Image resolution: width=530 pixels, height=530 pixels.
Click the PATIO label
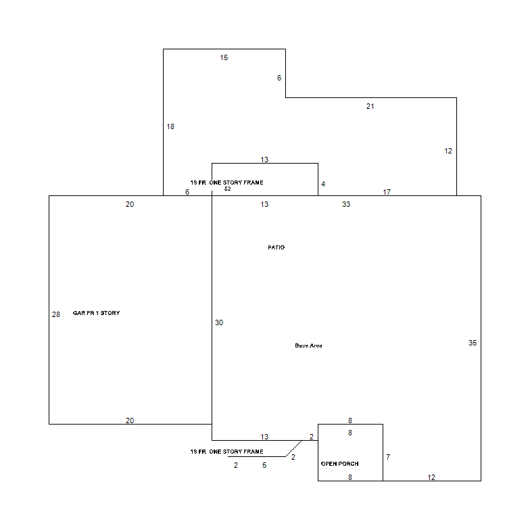pos(276,247)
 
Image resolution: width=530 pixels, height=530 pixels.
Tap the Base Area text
pos(308,345)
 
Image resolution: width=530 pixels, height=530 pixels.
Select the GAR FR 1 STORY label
pos(96,313)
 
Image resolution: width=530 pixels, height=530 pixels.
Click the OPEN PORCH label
pos(339,464)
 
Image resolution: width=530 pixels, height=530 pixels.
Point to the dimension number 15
pos(224,58)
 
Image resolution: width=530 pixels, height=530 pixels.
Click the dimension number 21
pos(370,107)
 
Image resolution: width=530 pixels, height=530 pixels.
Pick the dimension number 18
pos(170,127)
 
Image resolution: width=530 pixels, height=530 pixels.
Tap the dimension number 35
pos(473,343)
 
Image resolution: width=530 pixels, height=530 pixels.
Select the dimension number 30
pos(219,323)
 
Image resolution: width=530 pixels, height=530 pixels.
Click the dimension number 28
pos(56,315)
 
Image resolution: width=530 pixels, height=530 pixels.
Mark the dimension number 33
pos(346,204)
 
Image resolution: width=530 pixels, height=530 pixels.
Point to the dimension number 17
pos(387,192)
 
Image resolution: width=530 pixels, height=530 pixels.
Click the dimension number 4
pos(323,184)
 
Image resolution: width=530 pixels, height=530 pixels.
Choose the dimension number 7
pos(388,457)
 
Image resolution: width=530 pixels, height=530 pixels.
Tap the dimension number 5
pos(264,465)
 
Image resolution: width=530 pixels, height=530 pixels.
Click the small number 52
pos(227,189)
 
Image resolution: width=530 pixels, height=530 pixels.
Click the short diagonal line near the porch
pos(293,449)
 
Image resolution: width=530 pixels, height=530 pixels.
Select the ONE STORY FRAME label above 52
pos(237,183)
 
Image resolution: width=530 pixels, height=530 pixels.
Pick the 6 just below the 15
pos(279,78)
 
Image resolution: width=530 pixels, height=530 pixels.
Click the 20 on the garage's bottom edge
pos(130,420)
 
